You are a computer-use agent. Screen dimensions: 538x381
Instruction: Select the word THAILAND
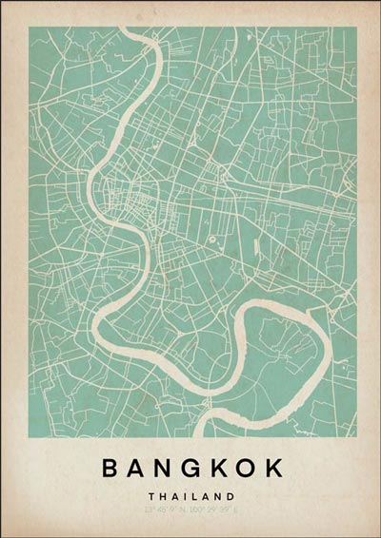point(190,495)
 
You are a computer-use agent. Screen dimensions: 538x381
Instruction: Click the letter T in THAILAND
point(150,495)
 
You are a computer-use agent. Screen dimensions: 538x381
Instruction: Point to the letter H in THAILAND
point(162,495)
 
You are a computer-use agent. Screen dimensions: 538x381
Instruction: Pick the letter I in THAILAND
point(184,495)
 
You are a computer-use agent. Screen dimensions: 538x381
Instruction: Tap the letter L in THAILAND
point(193,495)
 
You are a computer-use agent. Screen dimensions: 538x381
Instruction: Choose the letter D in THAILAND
point(231,495)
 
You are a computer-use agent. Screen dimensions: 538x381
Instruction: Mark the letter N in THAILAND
point(218,495)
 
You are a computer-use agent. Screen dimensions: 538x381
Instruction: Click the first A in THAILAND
point(173,495)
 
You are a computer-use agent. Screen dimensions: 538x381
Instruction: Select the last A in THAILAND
point(205,495)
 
